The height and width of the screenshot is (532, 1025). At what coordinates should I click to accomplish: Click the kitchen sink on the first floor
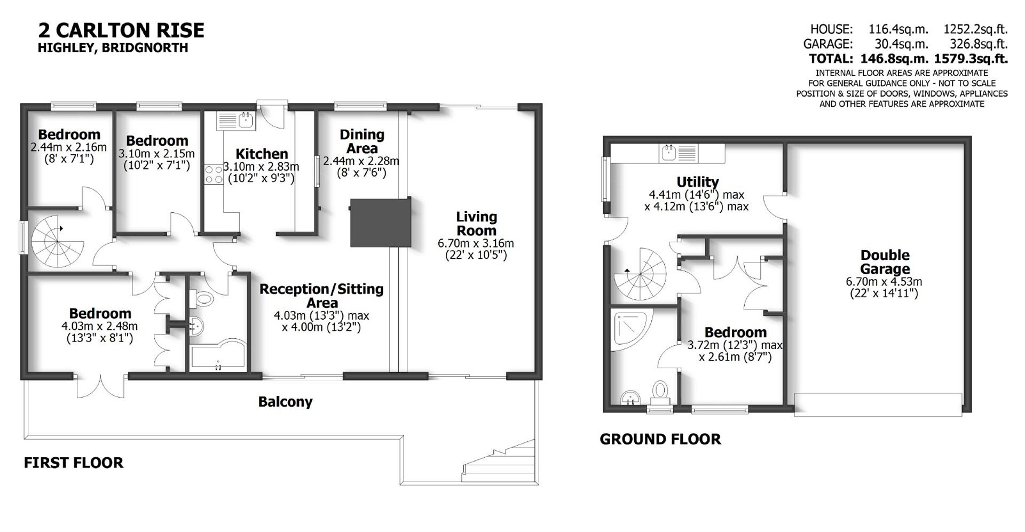click(x=236, y=120)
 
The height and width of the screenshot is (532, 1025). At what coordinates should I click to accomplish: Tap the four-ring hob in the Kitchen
click(x=214, y=174)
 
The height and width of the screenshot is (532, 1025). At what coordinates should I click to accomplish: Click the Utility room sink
click(x=679, y=153)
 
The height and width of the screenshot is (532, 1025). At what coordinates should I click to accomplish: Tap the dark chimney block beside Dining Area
click(x=380, y=223)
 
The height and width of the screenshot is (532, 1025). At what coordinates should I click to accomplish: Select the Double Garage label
click(x=885, y=262)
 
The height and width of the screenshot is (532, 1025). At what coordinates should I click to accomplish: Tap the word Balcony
click(x=285, y=402)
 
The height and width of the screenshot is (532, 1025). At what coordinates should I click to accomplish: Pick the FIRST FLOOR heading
click(x=74, y=463)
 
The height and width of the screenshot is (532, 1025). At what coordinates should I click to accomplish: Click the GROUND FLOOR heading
click(x=660, y=439)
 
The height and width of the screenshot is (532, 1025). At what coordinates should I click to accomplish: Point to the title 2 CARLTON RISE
click(x=121, y=30)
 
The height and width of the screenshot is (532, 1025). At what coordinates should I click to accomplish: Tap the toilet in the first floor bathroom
click(x=203, y=298)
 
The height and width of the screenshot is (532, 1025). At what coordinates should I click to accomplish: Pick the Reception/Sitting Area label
click(x=321, y=296)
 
